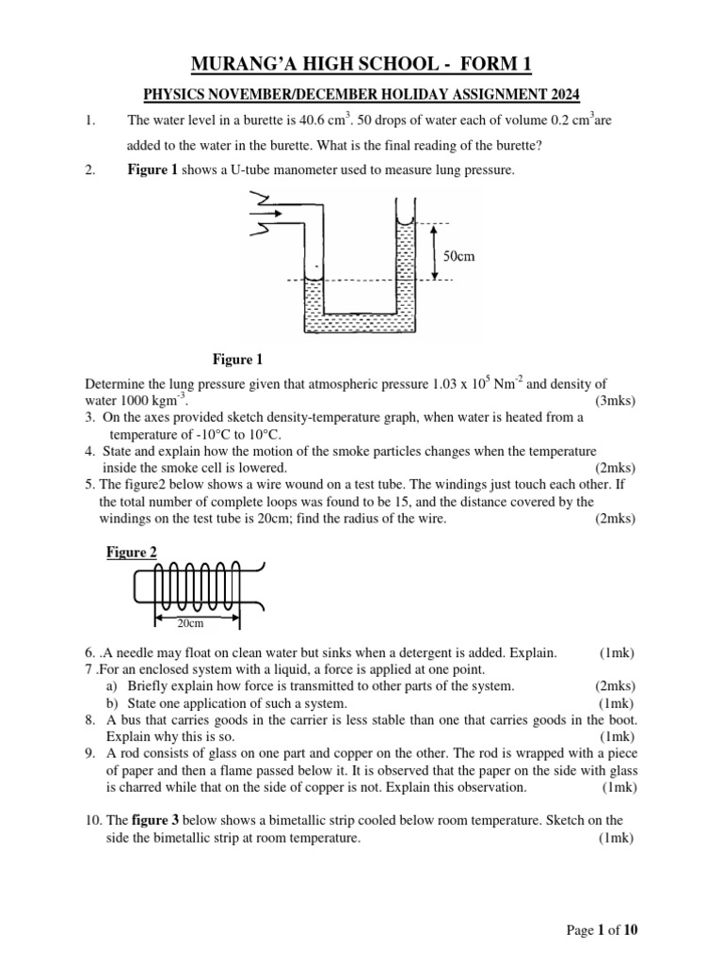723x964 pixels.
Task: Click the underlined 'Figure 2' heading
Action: coord(131,553)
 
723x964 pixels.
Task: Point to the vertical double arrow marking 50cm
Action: coord(434,251)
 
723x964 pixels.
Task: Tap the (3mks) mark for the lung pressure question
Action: coord(615,400)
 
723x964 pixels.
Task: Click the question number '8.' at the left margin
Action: coord(89,719)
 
